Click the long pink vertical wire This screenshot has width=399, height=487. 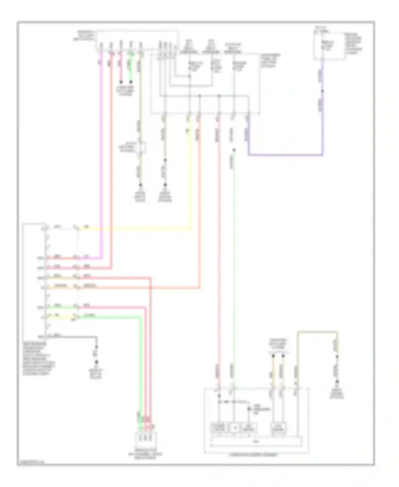point(101,160)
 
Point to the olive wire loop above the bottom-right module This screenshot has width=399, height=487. point(317,332)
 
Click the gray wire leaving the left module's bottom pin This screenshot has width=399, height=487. point(80,337)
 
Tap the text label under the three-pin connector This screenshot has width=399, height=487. point(145,456)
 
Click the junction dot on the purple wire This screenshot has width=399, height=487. point(322,91)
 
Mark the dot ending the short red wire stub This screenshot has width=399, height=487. point(121,82)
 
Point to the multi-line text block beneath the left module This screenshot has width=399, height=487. point(38,358)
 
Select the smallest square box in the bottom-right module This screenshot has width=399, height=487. point(235,428)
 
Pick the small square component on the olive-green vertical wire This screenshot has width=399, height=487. point(141,148)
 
